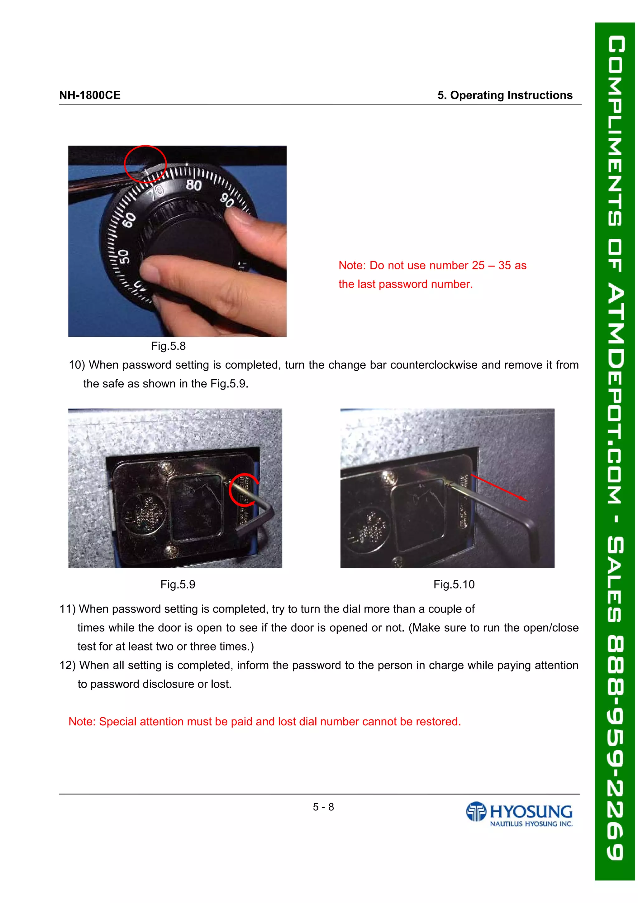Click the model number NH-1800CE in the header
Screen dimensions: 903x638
(90, 95)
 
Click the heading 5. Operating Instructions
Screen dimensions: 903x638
(505, 95)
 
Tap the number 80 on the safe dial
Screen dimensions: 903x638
(193, 185)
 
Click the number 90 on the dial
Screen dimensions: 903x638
(227, 200)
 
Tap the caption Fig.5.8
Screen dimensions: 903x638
(168, 346)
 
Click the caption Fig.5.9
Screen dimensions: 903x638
(178, 584)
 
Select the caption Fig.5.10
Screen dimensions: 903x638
(454, 584)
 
